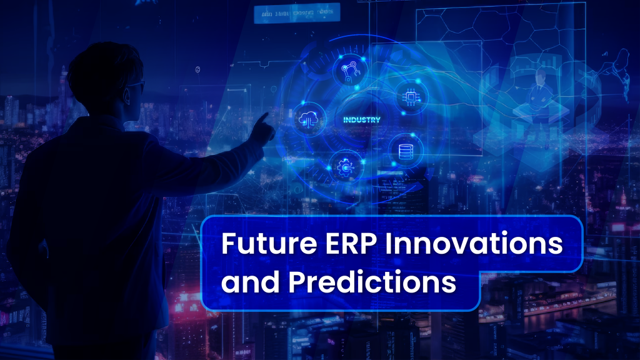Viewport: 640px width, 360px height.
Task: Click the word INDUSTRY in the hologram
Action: tap(362, 119)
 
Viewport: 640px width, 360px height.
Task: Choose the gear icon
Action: tap(344, 166)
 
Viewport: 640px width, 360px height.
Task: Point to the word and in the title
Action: tap(249, 282)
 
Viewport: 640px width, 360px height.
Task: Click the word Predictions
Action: tap(371, 282)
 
